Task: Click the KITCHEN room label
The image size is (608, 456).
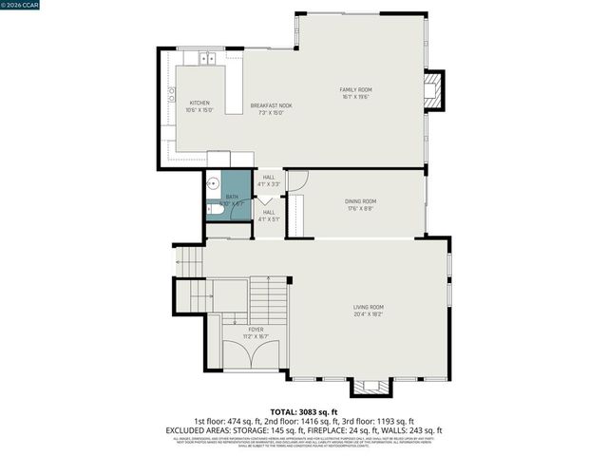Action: pos(199,103)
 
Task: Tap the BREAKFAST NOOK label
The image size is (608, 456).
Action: pos(271,104)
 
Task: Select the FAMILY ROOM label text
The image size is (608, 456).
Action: pos(355,90)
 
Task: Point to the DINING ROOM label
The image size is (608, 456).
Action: pos(360,201)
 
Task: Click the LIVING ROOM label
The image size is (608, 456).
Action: pos(368,307)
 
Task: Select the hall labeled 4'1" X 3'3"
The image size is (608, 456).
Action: pos(269,180)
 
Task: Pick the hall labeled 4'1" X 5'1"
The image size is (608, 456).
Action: pos(269,216)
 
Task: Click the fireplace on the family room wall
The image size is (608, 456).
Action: pos(432,91)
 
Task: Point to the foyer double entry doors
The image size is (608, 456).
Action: pos(250,353)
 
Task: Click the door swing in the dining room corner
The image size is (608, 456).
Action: pos(296,180)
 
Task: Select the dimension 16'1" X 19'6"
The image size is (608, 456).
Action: pos(355,97)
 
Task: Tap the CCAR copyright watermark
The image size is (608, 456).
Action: pos(22,6)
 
